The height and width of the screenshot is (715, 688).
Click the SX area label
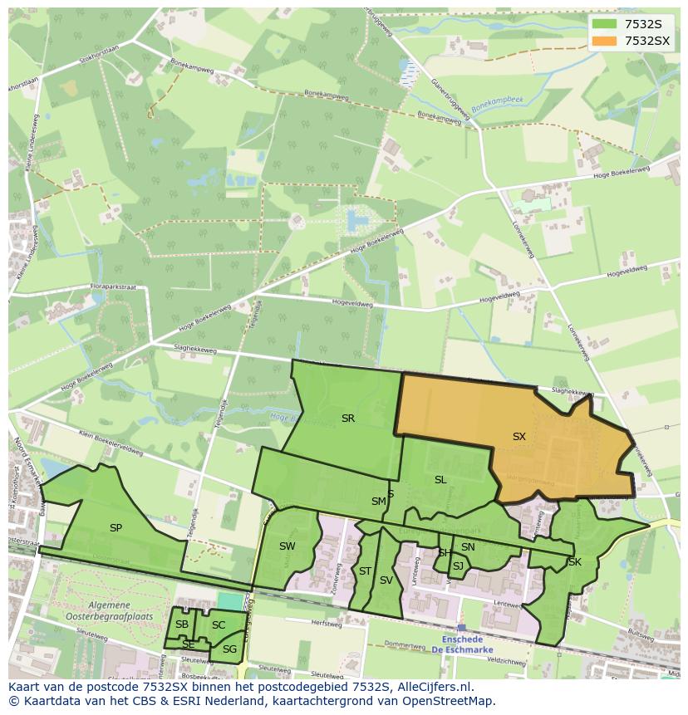[518, 436]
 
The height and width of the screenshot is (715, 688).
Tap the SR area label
[348, 419]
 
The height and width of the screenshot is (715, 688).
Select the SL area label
[440, 480]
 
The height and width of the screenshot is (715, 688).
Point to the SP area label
[115, 527]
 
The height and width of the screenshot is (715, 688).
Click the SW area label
[287, 546]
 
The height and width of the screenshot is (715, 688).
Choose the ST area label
[365, 571]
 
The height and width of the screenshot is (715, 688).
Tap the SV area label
[386, 580]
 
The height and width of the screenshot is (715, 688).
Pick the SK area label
[574, 562]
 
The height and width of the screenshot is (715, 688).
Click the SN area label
[468, 546]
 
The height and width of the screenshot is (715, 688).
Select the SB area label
[182, 624]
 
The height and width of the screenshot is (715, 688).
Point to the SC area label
[219, 625]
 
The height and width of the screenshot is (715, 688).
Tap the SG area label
[229, 649]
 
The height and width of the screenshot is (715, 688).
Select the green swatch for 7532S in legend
[605, 24]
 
